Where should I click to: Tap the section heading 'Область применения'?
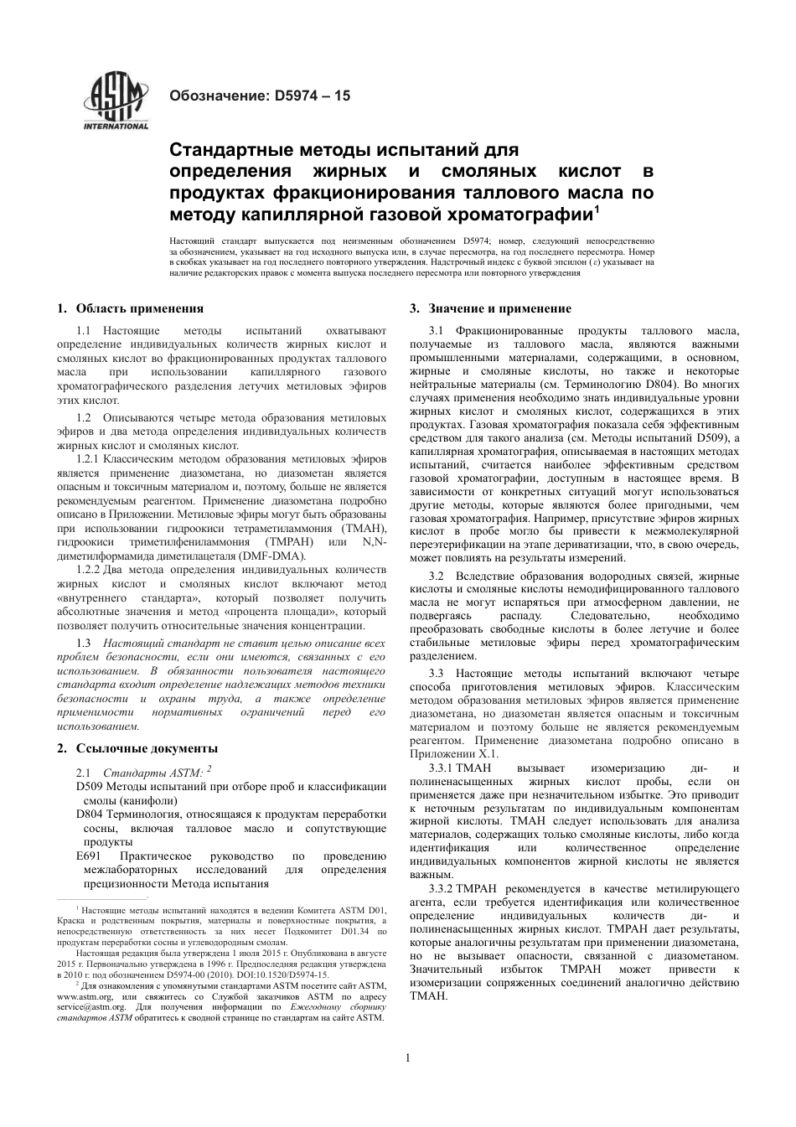(139, 309)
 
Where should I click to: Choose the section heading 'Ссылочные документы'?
(147, 748)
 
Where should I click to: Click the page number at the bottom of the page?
(407, 1057)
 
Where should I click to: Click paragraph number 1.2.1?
(88, 459)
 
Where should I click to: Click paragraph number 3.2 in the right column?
(436, 576)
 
